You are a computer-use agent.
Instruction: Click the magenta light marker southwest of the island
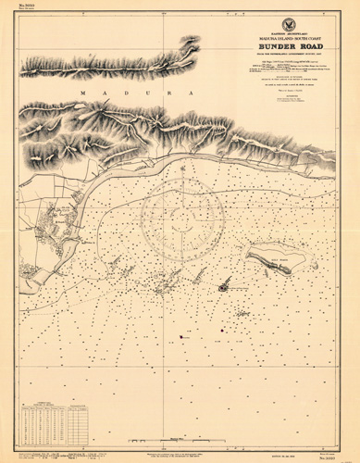223,287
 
